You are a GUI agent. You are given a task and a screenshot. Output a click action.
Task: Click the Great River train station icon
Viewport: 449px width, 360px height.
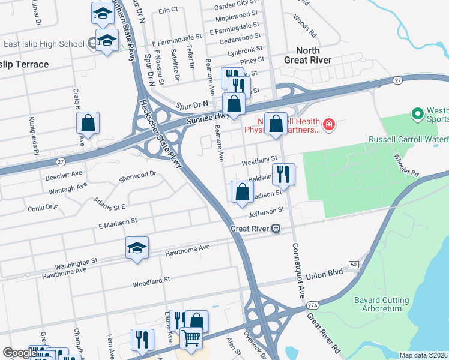click(x=276, y=228)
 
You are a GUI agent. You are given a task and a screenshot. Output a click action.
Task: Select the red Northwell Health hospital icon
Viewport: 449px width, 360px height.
click(x=328, y=125)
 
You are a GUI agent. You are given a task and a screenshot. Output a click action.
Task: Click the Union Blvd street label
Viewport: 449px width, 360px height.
click(x=324, y=274)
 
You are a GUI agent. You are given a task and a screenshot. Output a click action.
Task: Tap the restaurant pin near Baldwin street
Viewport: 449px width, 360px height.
click(x=283, y=175)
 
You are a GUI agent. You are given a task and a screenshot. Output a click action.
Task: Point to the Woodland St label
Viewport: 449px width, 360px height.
click(x=152, y=280)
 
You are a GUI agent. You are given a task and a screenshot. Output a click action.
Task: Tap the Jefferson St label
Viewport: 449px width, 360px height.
click(x=265, y=212)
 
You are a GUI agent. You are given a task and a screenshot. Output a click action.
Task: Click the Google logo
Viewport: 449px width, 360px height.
click(x=20, y=353)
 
